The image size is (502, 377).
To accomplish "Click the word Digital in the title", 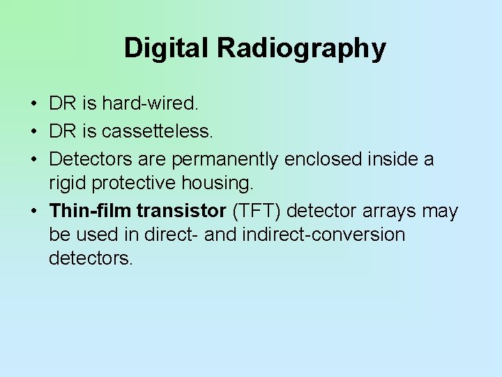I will (x=167, y=48).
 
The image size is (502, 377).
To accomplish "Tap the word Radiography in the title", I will (x=301, y=49).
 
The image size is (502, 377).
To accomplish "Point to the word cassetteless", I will (x=162, y=131).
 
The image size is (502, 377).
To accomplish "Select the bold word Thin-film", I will (x=90, y=211).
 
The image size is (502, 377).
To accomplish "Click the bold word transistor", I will (x=183, y=211).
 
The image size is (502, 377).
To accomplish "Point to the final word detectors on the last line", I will (x=90, y=259).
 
